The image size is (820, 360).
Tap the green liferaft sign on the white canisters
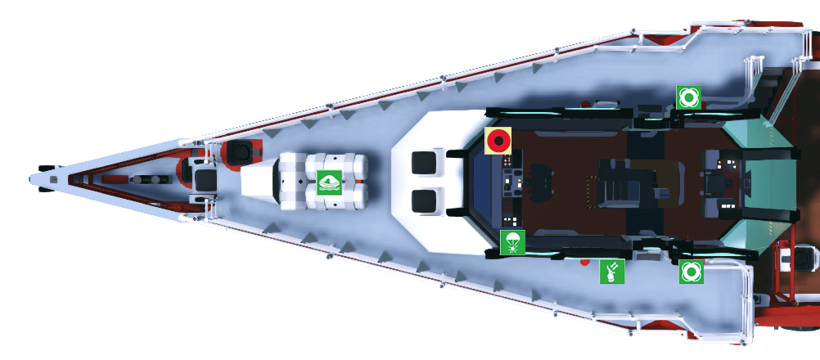tap(329, 182)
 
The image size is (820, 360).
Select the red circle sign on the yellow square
tap(498, 140)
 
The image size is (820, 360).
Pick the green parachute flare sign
tap(512, 242)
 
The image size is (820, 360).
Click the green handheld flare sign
tap(612, 272)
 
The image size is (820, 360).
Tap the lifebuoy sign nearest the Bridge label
tap(688, 97)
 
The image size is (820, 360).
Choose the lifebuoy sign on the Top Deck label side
tap(691, 272)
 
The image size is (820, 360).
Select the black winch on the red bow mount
tap(241, 152)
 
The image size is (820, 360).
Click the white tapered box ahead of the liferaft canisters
tap(259, 182)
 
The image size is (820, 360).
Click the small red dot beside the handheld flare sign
tap(583, 263)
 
